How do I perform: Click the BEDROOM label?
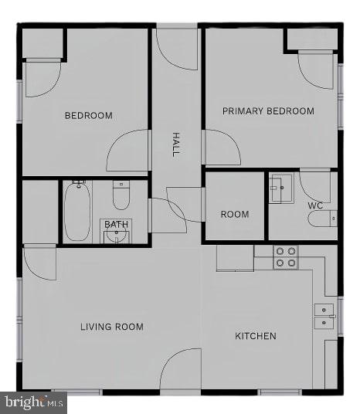pyautogui.click(x=88, y=116)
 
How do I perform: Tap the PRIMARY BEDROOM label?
pyautogui.click(x=268, y=111)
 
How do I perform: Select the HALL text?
pyautogui.click(x=176, y=144)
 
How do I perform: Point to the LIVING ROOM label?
pyautogui.click(x=112, y=327)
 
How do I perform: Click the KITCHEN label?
pyautogui.click(x=256, y=336)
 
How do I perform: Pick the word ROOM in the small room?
pyautogui.click(x=235, y=214)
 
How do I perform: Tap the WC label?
pyautogui.click(x=315, y=206)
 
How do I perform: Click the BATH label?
pyautogui.click(x=117, y=225)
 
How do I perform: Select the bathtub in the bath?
pyautogui.click(x=77, y=211)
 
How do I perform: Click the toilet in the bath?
pyautogui.click(x=121, y=196)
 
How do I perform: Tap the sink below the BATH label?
pyautogui.click(x=117, y=235)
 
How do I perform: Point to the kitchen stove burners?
pyautogui.click(x=286, y=257)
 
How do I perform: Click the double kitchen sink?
pyautogui.click(x=324, y=316)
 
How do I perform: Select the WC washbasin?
pyautogui.click(x=280, y=188)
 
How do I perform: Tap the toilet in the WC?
pyautogui.click(x=321, y=219)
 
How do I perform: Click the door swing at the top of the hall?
pyautogui.click(x=177, y=50)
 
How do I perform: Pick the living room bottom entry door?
pyautogui.click(x=182, y=368)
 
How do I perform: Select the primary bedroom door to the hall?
pyautogui.click(x=222, y=147)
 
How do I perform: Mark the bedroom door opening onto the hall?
pyautogui.click(x=128, y=151)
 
